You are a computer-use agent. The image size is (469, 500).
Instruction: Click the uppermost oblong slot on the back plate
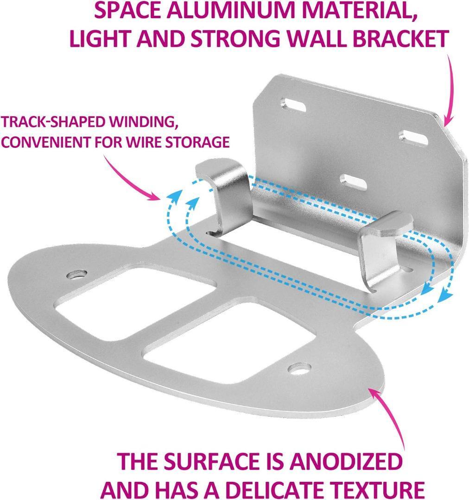point(293,105)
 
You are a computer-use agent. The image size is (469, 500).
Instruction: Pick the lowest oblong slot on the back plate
point(353,182)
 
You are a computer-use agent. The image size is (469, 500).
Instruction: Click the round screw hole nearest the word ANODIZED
point(299,369)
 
